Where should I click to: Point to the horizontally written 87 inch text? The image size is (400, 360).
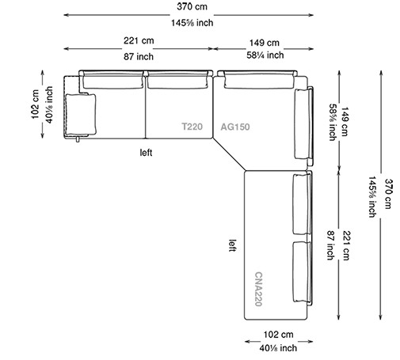138,57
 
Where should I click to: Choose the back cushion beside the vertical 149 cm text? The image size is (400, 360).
303,124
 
